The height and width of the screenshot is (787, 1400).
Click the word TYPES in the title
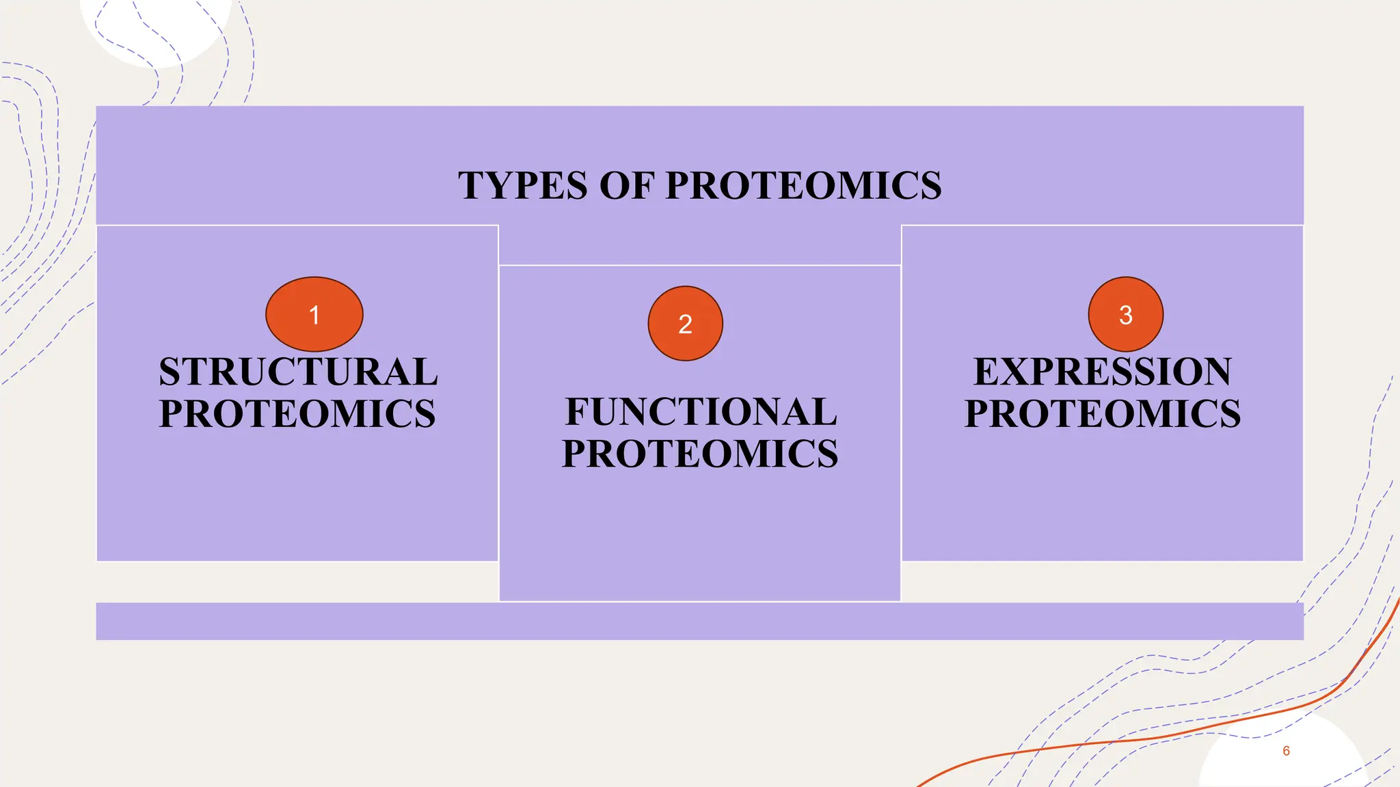click(x=523, y=186)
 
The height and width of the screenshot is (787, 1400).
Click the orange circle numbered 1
click(x=314, y=314)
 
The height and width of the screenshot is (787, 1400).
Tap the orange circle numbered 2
click(x=685, y=323)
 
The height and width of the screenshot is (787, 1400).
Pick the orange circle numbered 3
click(x=1125, y=314)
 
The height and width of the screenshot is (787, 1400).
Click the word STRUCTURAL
click(x=298, y=372)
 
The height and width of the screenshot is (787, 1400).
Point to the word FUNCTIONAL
click(x=701, y=412)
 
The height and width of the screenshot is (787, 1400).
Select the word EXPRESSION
click(x=1102, y=372)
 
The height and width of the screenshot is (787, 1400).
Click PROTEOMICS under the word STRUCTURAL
click(x=297, y=414)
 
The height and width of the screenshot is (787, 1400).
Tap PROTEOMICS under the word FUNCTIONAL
click(x=700, y=454)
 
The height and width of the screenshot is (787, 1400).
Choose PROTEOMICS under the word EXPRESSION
click(x=1103, y=414)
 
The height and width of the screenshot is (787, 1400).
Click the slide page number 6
click(x=1286, y=751)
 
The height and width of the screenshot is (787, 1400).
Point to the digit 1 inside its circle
click(x=314, y=315)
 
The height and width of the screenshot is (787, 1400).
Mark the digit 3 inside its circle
click(x=1125, y=315)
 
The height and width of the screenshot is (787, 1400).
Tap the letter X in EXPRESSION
click(x=1017, y=372)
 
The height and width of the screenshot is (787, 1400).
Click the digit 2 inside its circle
click(x=685, y=324)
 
